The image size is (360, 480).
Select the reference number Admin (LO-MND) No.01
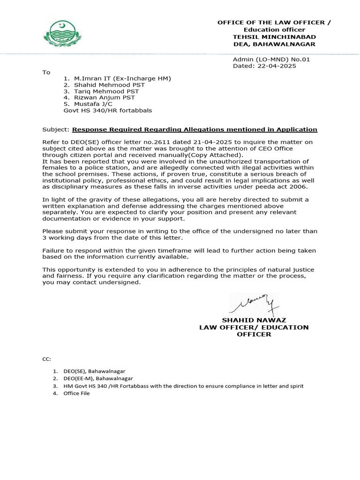(271, 60)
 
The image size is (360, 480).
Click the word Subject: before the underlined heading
(56, 129)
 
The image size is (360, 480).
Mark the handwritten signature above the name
(254, 304)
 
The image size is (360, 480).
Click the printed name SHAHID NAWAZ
(254, 320)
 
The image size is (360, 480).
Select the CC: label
(46, 359)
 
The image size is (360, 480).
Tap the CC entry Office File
(76, 393)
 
